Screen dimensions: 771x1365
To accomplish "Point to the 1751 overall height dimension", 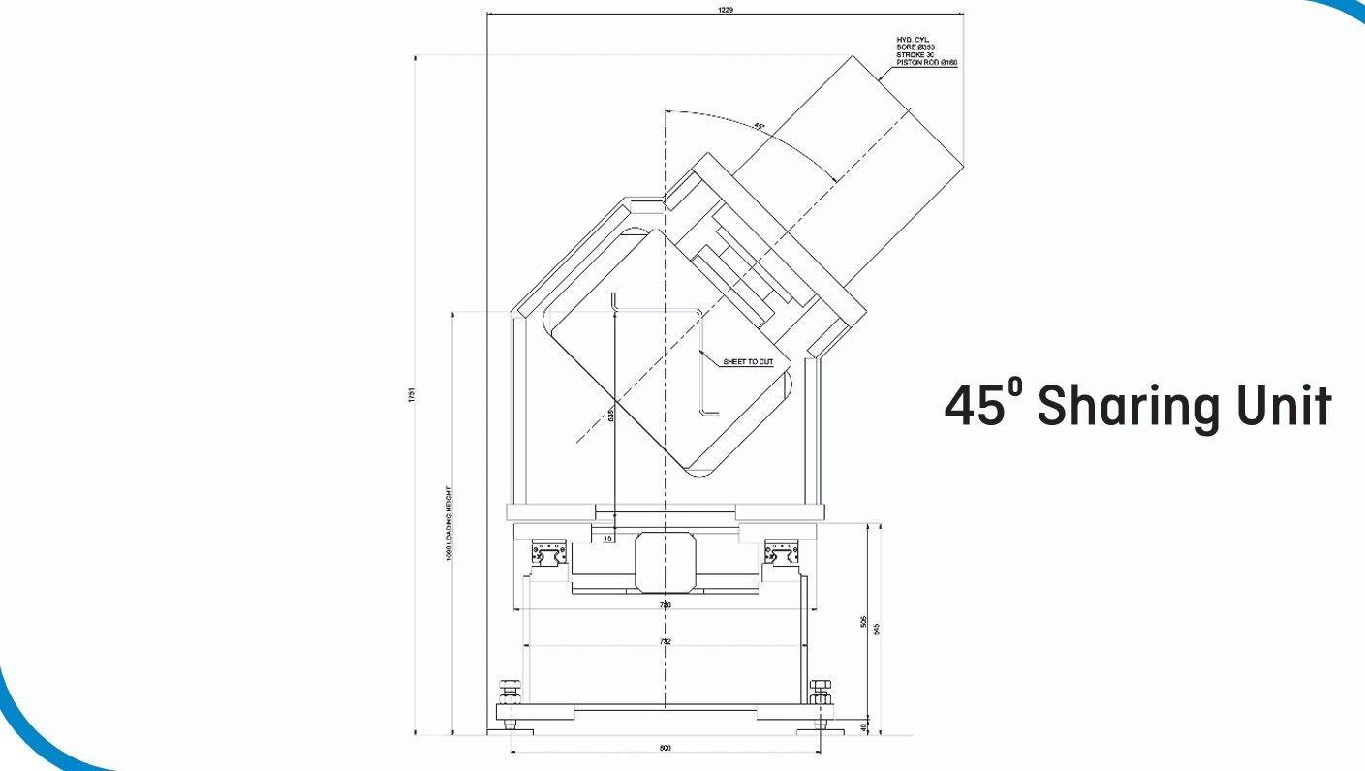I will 411,394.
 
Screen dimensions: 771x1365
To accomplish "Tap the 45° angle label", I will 759,126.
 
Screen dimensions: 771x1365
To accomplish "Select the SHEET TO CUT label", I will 748,362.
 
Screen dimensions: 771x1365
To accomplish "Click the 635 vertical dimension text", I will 610,416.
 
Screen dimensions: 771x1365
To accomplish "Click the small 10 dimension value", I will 606,539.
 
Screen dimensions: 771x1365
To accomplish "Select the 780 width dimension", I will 665,605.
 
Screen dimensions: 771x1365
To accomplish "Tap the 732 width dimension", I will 665,642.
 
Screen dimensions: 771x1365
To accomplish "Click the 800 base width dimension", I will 665,748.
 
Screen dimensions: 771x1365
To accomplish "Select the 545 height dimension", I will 878,628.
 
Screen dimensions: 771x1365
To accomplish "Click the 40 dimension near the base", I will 864,726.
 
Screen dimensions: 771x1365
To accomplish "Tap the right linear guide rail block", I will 783,555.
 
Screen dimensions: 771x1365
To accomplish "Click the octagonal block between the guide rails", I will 665,561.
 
